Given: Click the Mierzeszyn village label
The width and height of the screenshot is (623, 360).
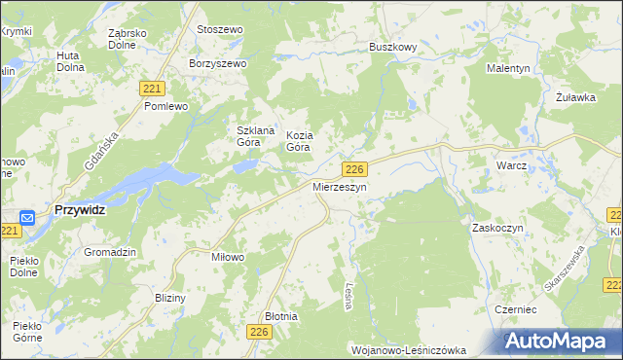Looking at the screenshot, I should [x=339, y=187].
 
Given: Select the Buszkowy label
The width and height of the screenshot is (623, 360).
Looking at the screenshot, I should [x=393, y=46].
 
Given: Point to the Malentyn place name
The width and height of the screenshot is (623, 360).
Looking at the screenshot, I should [x=508, y=68].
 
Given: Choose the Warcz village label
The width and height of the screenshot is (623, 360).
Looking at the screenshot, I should [x=511, y=165].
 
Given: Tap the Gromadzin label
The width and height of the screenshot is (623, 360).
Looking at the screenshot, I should [x=109, y=251].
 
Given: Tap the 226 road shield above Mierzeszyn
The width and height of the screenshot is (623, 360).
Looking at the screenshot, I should [x=355, y=169].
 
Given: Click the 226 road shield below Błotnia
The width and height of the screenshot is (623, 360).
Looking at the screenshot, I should [x=258, y=333].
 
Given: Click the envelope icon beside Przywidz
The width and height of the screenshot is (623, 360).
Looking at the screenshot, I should [x=27, y=218].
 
